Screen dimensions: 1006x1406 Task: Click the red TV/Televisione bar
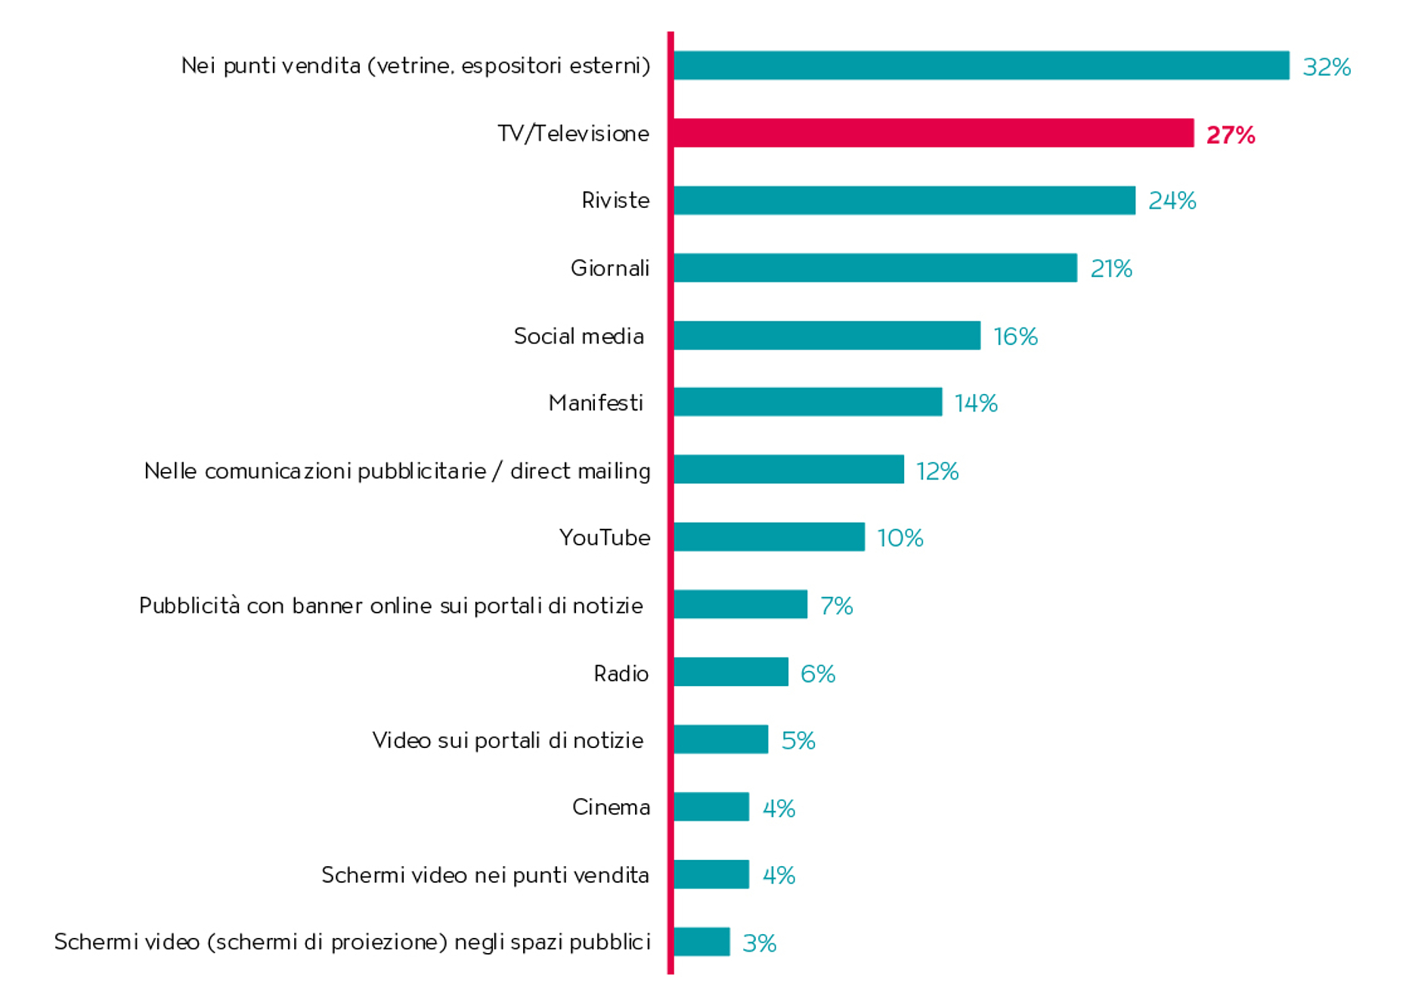point(933,133)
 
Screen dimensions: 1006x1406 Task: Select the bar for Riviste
point(904,200)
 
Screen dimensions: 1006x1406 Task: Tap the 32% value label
point(1327,67)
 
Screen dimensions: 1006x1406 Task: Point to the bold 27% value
point(1231,135)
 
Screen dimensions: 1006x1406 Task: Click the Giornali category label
point(610,268)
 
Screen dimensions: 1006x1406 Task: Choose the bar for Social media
point(827,335)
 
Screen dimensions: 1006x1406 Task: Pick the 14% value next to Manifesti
point(976,403)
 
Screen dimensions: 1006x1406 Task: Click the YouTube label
point(605,538)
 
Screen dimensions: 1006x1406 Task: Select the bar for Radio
point(730,672)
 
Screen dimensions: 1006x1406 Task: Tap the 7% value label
point(837,606)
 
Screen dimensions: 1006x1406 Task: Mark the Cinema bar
point(711,806)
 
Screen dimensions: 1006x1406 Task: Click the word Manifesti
point(596,402)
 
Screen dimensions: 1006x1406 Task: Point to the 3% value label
point(760,943)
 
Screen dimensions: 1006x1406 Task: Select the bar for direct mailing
point(788,469)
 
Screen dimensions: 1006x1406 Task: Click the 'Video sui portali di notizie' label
point(507,740)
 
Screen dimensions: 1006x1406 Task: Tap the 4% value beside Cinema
point(779,809)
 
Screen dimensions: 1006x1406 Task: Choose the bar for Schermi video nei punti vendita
point(711,874)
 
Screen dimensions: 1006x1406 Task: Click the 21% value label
point(1111,269)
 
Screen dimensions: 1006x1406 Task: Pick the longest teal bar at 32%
point(981,65)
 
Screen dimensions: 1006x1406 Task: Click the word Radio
point(621,673)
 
